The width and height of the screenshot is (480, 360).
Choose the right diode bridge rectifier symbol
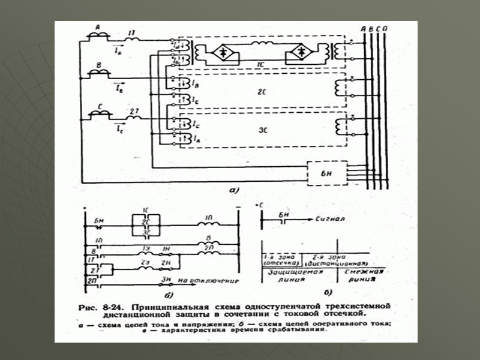(298, 53)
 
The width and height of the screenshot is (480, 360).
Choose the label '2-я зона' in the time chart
(321, 256)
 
